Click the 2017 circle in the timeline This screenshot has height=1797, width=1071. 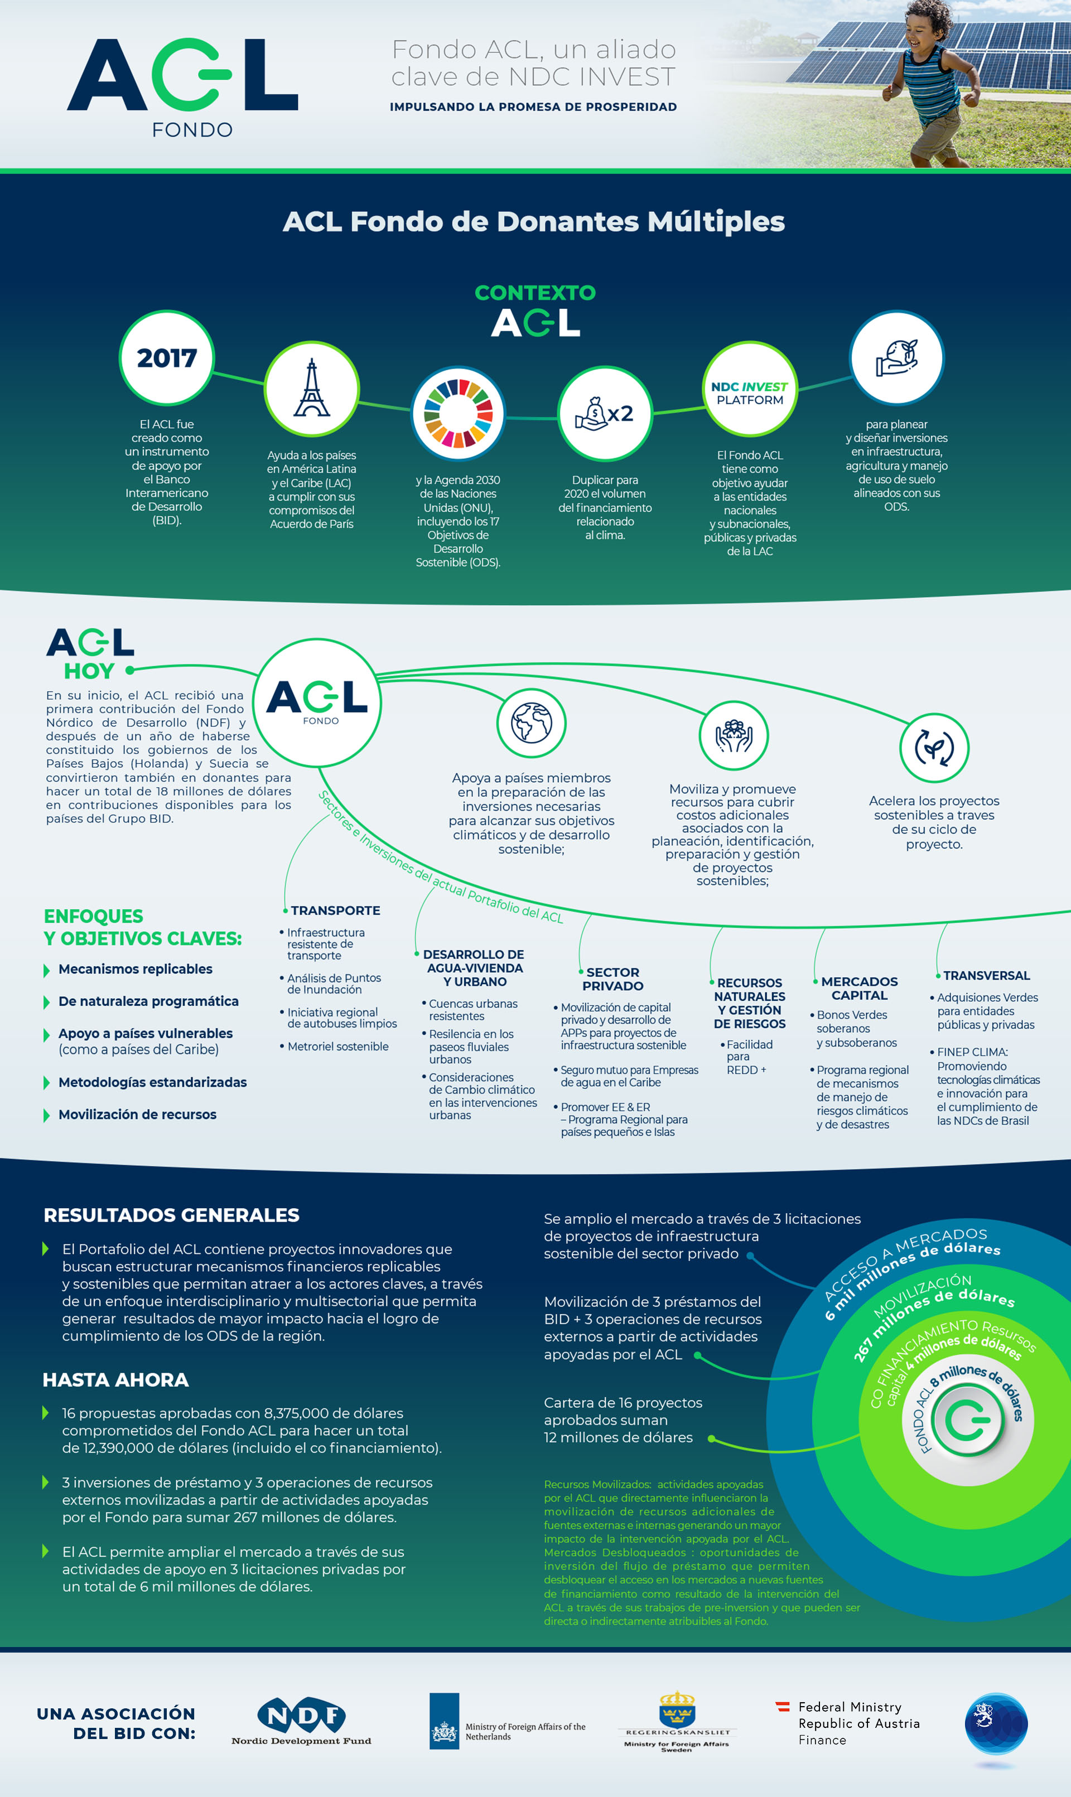[167, 358]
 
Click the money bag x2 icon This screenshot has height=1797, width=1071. [605, 413]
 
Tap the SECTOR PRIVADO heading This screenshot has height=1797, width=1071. [612, 979]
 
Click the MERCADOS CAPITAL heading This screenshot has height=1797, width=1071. [859, 989]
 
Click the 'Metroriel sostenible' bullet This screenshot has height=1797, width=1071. [337, 1046]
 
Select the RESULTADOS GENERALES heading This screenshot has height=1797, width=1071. [171, 1215]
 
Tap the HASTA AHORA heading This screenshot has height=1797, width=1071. [115, 1379]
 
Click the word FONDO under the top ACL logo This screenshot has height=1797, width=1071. [192, 130]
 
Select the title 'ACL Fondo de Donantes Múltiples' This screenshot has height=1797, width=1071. [533, 221]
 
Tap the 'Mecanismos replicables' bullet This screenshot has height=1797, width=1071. [135, 969]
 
